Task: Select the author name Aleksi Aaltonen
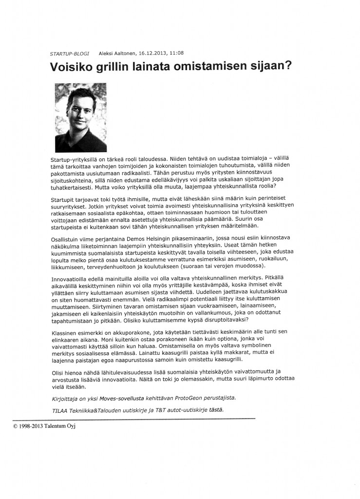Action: coord(117,53)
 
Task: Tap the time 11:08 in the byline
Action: coord(177,53)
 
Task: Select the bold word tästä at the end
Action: coord(216,409)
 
